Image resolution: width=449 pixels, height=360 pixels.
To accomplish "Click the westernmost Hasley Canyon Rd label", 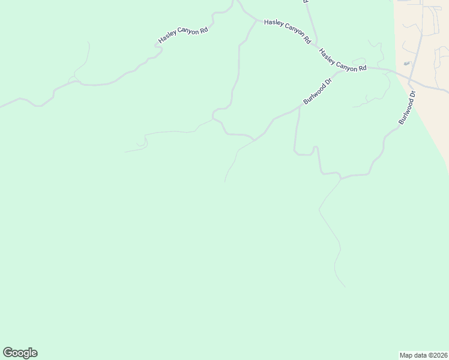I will pos(183,35).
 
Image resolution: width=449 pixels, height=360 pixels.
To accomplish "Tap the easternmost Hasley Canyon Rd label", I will pos(342,60).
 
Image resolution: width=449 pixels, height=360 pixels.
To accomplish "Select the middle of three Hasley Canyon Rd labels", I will pos(288,32).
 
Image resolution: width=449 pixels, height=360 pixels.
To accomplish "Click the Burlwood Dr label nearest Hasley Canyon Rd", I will pos(318,92).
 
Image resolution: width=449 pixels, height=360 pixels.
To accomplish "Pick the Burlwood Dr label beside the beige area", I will pos(407,108).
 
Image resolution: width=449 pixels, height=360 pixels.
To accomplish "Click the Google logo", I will pos(20,353).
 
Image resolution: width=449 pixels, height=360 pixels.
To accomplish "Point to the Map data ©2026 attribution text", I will pos(423,355).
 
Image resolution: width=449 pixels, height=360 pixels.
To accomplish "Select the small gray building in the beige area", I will pos(407,63).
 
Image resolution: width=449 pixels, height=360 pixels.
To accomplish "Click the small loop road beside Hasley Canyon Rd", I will pos(73,79).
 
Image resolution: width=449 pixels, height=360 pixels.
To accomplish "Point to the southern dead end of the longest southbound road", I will pos(345,286).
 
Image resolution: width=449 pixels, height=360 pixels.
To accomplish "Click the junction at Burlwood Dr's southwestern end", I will pos(255,140).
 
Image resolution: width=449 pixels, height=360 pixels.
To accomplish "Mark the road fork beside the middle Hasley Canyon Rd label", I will pos(258,22).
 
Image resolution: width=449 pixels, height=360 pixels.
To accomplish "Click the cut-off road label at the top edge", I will pos(306,2).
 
